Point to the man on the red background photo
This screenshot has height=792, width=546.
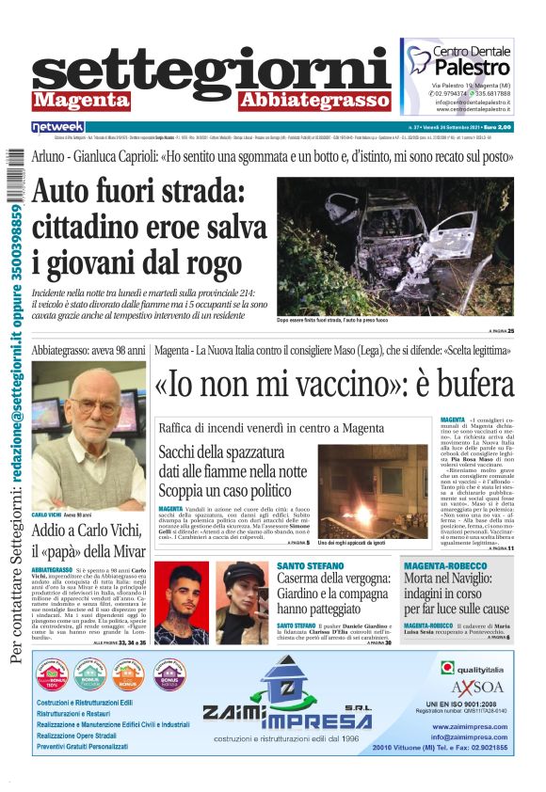pyautogui.click(x=180, y=601)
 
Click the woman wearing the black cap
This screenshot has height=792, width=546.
pyautogui.click(x=244, y=601)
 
